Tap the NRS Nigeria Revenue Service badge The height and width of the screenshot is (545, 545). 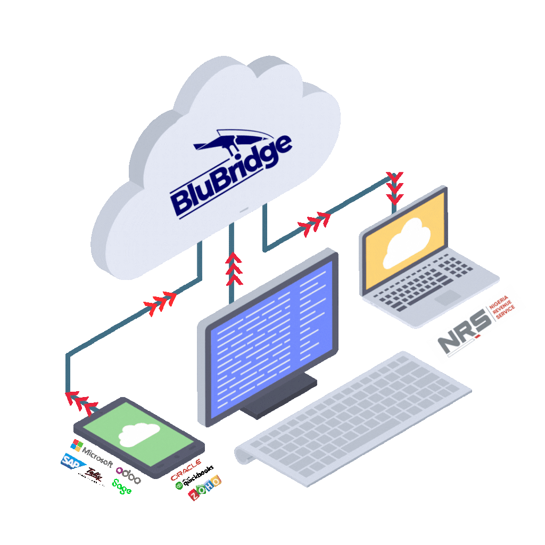tap(476, 324)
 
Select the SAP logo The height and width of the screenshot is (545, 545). tap(73, 461)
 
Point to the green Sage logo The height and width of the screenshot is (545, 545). tap(121, 486)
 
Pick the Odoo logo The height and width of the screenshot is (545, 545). tap(128, 476)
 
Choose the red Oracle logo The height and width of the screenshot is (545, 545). tap(185, 469)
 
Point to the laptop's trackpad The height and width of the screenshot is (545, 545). tap(448, 297)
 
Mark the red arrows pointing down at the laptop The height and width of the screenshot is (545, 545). tap(394, 188)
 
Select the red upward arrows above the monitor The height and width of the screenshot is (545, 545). tap(233, 269)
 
